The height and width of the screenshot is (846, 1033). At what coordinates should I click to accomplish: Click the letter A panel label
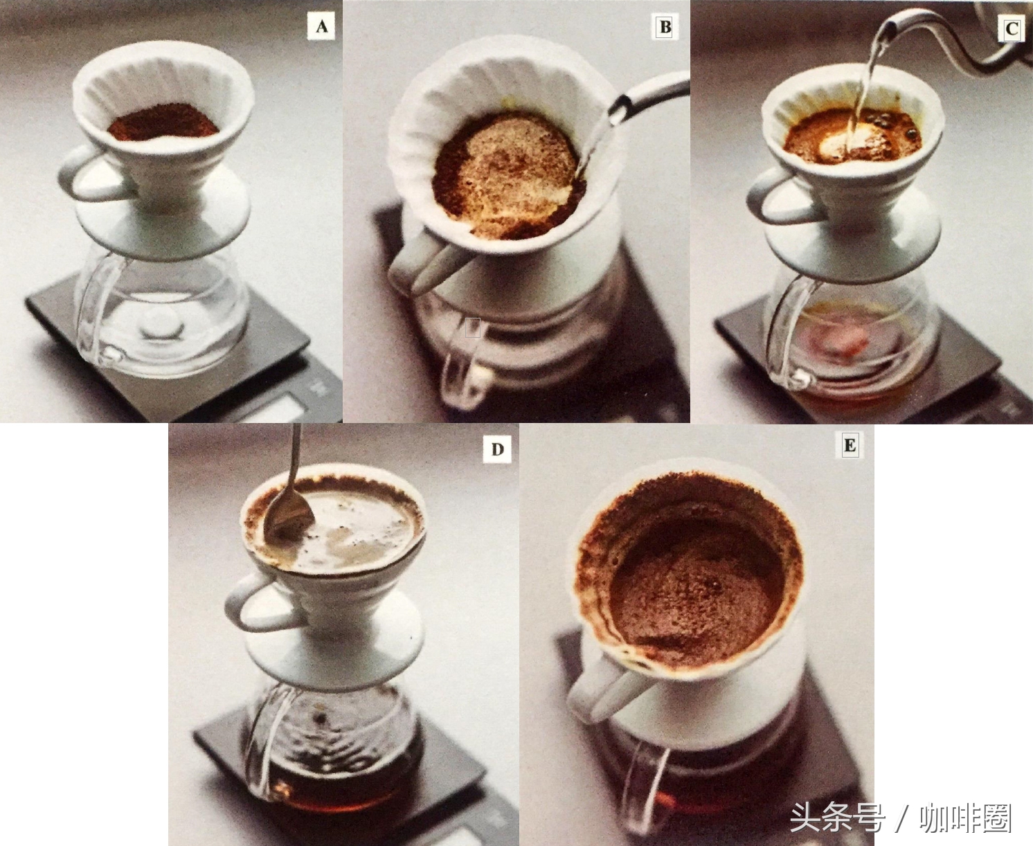pos(321,26)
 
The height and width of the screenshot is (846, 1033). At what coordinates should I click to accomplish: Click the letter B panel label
pos(665,26)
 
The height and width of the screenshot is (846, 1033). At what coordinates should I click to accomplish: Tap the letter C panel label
pos(1012,29)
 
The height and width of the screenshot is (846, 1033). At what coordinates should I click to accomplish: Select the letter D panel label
pos(497,449)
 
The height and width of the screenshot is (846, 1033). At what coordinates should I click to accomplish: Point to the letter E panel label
pos(850,445)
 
